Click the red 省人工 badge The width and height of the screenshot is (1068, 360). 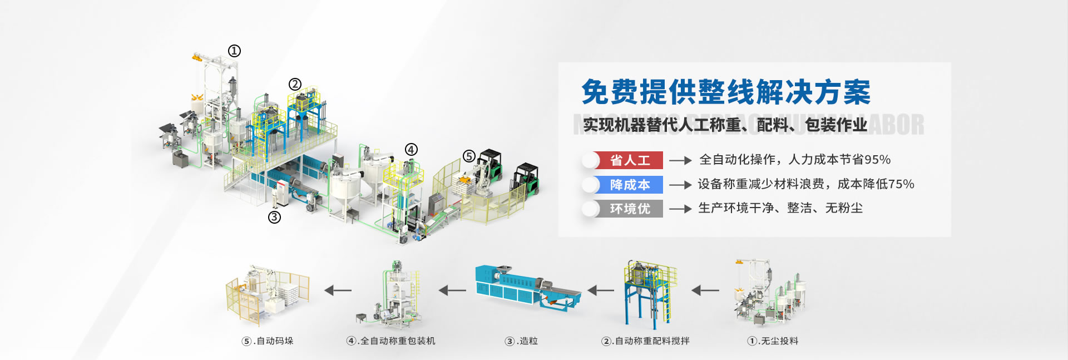click(629, 160)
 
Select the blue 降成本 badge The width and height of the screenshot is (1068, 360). click(629, 185)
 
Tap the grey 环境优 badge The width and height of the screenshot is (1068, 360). click(629, 209)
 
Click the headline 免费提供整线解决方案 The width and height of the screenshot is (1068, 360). click(726, 92)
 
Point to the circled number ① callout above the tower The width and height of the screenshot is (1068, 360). click(234, 51)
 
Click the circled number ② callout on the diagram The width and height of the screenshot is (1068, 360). click(295, 84)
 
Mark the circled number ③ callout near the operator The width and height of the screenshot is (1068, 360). click(274, 217)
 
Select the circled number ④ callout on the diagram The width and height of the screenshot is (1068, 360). click(411, 150)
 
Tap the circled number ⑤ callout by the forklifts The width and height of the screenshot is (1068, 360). click(469, 156)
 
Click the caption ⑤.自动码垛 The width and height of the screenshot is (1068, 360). click(268, 341)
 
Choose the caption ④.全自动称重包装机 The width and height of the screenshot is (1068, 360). click(390, 341)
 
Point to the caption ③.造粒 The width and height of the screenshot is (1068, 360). click(521, 341)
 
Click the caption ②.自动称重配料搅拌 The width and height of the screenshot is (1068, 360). click(645, 341)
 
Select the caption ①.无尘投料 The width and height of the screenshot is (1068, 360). click(773, 341)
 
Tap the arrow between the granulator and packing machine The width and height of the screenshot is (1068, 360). click(452, 290)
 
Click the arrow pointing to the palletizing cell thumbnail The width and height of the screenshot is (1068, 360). click(338, 290)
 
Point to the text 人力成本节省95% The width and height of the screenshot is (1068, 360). click(839, 160)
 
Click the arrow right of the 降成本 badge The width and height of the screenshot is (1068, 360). click(680, 185)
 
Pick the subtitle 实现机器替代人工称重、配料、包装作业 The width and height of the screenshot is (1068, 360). click(725, 125)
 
